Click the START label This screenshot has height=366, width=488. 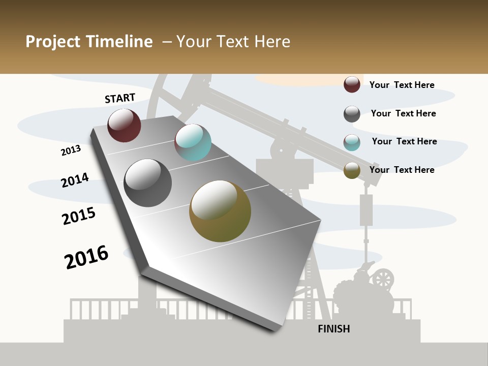pyautogui.click(x=120, y=98)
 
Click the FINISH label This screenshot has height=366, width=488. pyautogui.click(x=334, y=329)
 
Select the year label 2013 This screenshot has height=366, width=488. pyautogui.click(x=71, y=150)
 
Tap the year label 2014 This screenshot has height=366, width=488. pyautogui.click(x=75, y=180)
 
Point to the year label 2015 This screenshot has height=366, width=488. pyautogui.click(x=79, y=216)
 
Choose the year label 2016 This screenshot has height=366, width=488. pyautogui.click(x=86, y=257)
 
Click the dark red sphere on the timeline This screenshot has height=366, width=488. pyautogui.click(x=124, y=125)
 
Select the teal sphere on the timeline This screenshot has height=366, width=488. pyautogui.click(x=193, y=142)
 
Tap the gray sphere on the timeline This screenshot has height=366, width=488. pyautogui.click(x=148, y=183)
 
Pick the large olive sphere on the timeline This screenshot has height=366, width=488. pyautogui.click(x=220, y=211)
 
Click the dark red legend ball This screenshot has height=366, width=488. pyautogui.click(x=352, y=84)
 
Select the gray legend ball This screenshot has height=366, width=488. pyautogui.click(x=352, y=114)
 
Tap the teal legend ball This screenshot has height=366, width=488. pyautogui.click(x=352, y=142)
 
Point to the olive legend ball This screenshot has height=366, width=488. pyautogui.click(x=352, y=170)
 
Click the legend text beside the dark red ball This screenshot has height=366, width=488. pyautogui.click(x=402, y=85)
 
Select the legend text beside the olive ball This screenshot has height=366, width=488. pyautogui.click(x=402, y=170)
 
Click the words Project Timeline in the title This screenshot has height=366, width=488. pyautogui.click(x=89, y=42)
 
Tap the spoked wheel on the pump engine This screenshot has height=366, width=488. pyautogui.click(x=383, y=279)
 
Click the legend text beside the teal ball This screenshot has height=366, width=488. pyautogui.click(x=404, y=141)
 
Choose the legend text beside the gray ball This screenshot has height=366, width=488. pyautogui.click(x=403, y=113)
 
